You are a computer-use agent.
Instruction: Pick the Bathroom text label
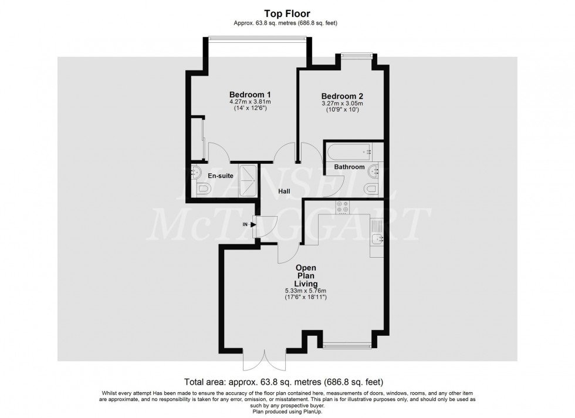pyautogui.click(x=349, y=167)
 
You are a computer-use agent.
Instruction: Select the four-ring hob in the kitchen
pyautogui.click(x=343, y=207)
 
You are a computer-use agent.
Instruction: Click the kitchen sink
pyautogui.click(x=377, y=238)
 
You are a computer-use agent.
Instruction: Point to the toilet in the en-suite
pyautogui.click(x=203, y=189)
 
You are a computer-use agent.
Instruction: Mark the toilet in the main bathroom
pyautogui.click(x=370, y=189)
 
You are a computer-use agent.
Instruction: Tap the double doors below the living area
pyautogui.click(x=265, y=360)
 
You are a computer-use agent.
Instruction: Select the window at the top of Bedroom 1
pyautogui.click(x=257, y=39)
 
